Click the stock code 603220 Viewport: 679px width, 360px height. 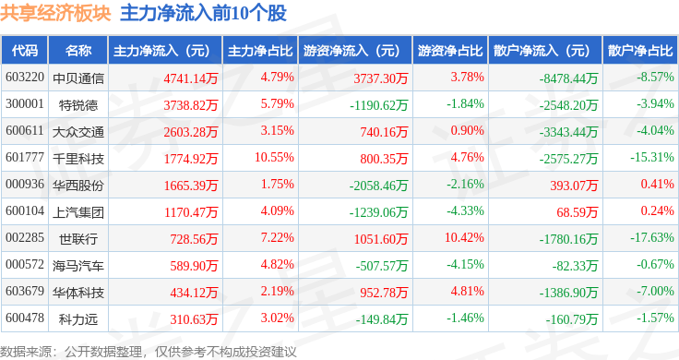click(x=25, y=78)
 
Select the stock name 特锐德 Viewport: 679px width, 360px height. click(x=78, y=105)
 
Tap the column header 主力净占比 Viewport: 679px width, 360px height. click(x=260, y=51)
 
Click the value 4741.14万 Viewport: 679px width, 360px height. click(x=191, y=78)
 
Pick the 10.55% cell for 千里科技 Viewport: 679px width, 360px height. click(x=274, y=157)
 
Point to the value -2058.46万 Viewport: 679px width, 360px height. click(x=378, y=186)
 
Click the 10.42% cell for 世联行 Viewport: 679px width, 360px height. click(x=464, y=237)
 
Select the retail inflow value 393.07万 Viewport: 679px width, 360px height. click(x=574, y=186)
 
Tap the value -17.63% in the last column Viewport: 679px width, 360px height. click(x=652, y=237)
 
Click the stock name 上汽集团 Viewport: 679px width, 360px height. click(x=78, y=212)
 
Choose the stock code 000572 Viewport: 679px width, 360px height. click(x=25, y=264)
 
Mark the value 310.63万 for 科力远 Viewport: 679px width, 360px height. click(x=194, y=319)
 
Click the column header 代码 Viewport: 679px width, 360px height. click(x=25, y=51)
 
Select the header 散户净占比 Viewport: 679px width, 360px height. click(x=640, y=51)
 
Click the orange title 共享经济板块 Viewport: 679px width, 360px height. click(x=55, y=13)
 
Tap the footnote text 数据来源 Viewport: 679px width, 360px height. click(x=26, y=352)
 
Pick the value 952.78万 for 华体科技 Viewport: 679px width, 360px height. click(x=384, y=293)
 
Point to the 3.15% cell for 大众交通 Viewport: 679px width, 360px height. click(x=277, y=130)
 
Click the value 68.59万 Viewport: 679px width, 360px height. click(x=578, y=212)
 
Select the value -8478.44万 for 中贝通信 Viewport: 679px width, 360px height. click(x=568, y=78)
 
